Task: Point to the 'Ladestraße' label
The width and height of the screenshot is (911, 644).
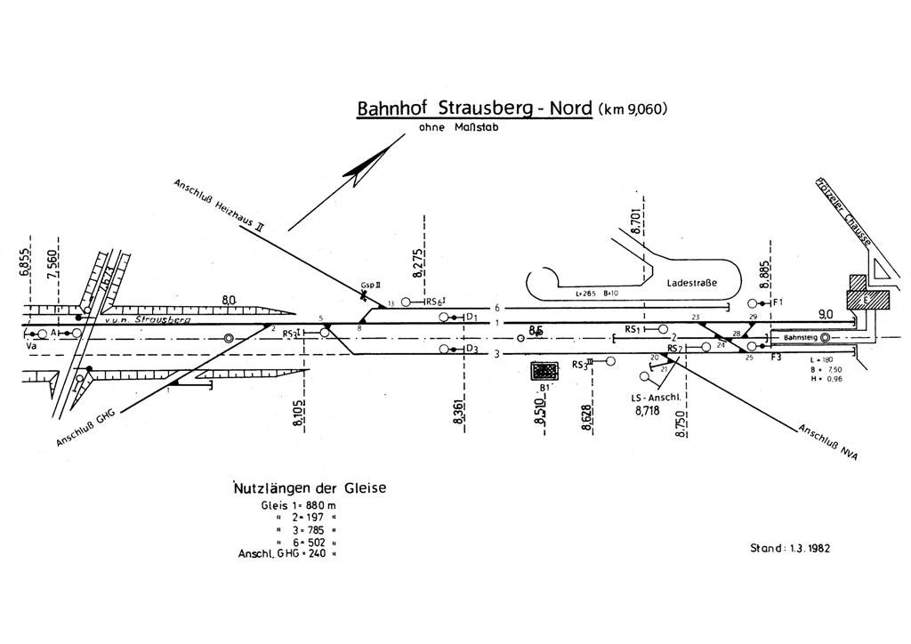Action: (691, 282)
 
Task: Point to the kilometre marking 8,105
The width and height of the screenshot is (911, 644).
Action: (297, 414)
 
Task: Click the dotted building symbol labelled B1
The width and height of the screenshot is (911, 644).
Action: (542, 370)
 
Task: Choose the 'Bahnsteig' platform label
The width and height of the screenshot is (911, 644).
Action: (796, 338)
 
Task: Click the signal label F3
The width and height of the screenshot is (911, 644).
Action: (775, 357)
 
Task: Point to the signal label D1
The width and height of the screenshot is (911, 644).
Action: (472, 317)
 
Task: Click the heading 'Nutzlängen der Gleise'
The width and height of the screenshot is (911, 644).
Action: (310, 487)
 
